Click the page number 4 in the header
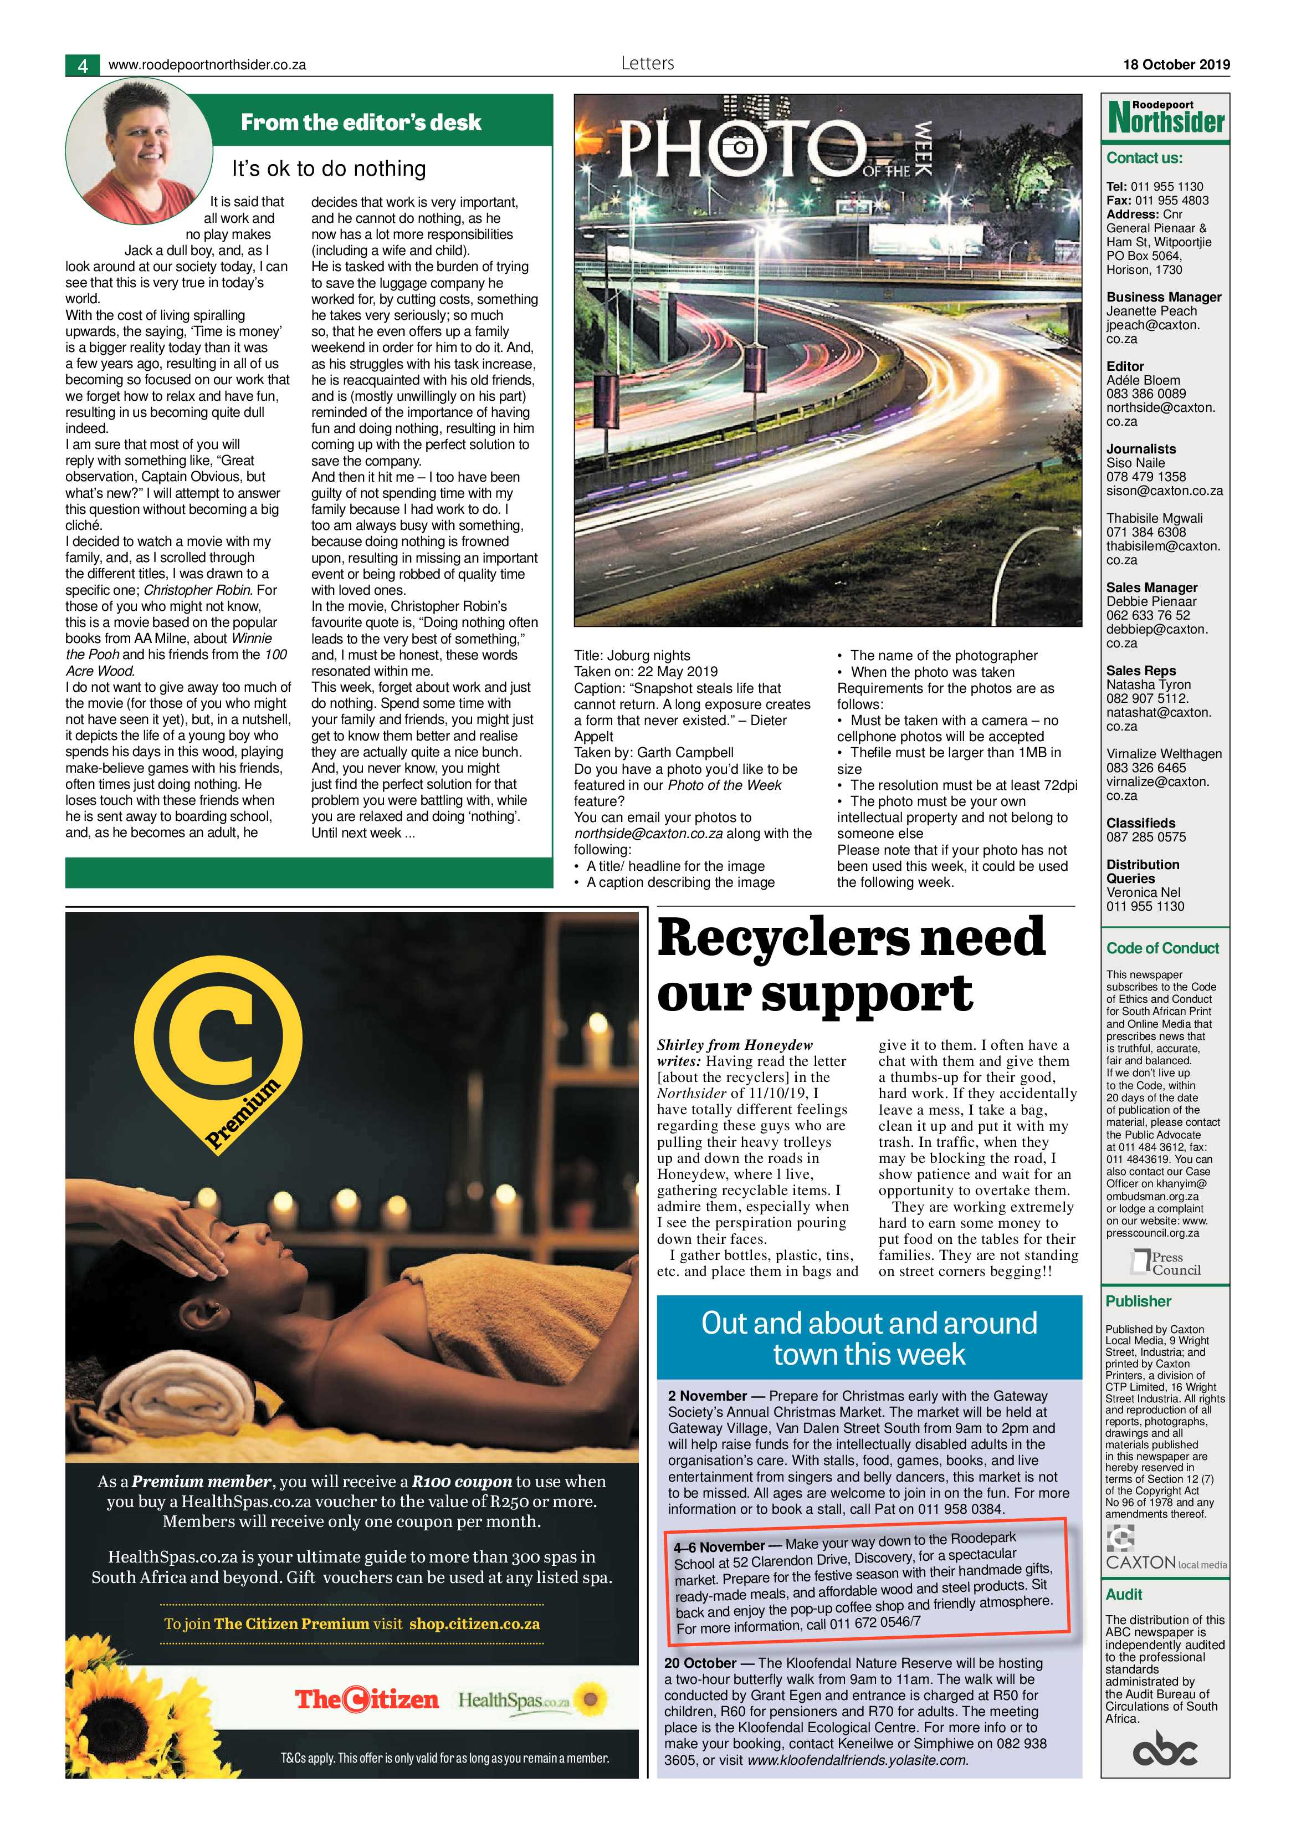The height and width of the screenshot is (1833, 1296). (82, 65)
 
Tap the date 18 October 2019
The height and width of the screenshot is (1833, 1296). (1176, 65)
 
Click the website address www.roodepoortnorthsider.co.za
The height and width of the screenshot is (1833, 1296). (207, 65)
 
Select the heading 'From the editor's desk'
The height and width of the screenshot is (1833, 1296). (361, 122)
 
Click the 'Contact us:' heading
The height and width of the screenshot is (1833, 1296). (1144, 158)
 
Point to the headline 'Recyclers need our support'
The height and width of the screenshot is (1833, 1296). (851, 964)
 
